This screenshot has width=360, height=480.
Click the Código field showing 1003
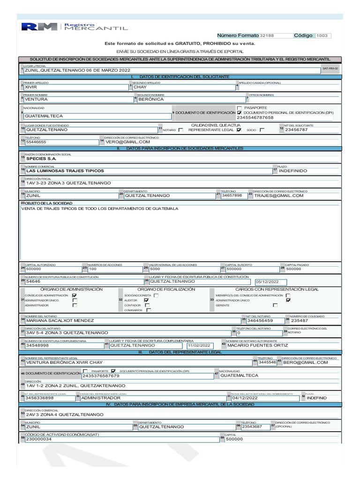[x=323, y=36]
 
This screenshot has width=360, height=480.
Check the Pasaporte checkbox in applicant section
[x=239, y=107]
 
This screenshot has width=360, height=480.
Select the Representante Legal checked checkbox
[x=239, y=130]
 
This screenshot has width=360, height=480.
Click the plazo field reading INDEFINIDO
[x=293, y=171]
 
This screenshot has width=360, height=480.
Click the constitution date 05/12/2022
[x=267, y=282]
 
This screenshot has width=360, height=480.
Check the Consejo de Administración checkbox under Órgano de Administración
[x=74, y=295]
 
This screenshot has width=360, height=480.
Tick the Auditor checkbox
[x=146, y=300]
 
